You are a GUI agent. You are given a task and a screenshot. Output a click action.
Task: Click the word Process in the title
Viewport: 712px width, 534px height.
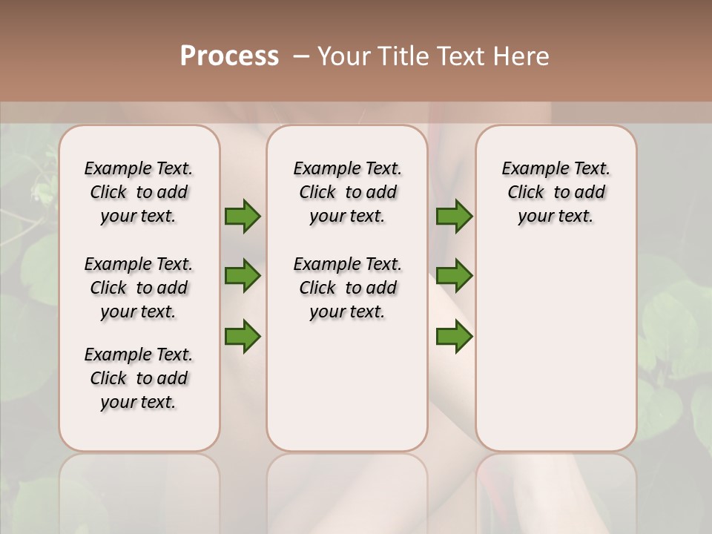[x=229, y=56]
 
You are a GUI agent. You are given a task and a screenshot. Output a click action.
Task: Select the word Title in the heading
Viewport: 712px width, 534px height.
[x=403, y=56]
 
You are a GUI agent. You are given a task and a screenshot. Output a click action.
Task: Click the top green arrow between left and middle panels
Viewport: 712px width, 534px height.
[x=243, y=216]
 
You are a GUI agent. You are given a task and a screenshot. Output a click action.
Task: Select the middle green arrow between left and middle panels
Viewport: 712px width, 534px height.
[x=243, y=276]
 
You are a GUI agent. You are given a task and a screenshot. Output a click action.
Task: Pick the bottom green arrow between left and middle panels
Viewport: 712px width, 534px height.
[x=243, y=336]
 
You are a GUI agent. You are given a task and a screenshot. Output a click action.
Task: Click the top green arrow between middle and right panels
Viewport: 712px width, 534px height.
[x=454, y=216]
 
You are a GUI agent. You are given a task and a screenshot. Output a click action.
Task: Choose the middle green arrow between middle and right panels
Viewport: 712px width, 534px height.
[x=454, y=276]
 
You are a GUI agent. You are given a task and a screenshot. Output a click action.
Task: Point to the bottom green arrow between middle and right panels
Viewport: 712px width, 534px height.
[x=454, y=336]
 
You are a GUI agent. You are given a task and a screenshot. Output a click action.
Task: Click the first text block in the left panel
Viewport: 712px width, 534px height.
[x=139, y=192]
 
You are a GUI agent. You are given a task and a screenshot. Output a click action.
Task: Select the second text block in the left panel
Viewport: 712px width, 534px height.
[x=139, y=288]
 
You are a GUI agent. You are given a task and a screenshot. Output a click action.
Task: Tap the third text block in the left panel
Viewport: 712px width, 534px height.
[x=139, y=378]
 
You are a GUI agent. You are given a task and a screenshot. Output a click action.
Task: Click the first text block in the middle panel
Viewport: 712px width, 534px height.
[x=347, y=192]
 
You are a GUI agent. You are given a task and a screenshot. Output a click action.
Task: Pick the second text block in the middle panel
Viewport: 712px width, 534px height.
[x=347, y=288]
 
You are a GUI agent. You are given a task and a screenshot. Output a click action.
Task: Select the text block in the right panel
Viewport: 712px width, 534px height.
[x=556, y=192]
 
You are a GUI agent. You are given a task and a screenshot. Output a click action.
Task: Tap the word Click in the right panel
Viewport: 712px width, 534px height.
[x=526, y=193]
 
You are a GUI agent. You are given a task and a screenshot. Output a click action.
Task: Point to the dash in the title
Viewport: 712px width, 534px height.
[x=302, y=56]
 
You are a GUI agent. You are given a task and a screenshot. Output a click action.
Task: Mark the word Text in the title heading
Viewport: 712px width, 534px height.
[x=459, y=56]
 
